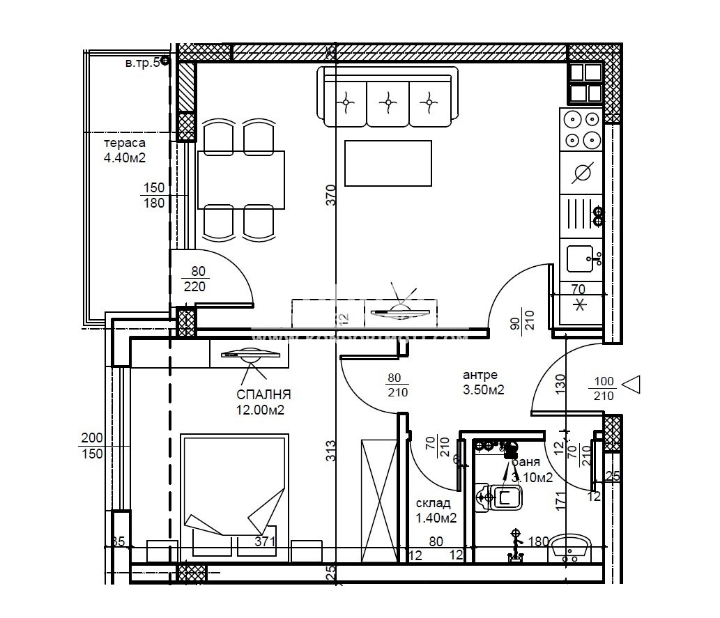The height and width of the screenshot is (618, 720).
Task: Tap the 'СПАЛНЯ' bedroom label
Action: tap(263, 394)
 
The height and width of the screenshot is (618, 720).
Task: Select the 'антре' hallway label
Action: tap(480, 375)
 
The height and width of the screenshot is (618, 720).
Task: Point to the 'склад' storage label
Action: tap(433, 503)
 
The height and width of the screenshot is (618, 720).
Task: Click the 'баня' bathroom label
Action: tap(527, 462)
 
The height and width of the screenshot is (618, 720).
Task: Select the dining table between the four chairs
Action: tap(241, 180)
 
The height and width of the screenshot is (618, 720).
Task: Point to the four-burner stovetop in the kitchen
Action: tap(582, 130)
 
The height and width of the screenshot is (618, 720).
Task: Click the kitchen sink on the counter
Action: tap(582, 259)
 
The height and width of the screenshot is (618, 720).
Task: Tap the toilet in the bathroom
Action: tap(500, 497)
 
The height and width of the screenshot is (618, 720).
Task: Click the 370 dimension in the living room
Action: tap(331, 194)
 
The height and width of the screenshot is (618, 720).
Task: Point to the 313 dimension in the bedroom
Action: tap(331, 451)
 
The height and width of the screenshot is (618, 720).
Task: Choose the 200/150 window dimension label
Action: tap(91, 446)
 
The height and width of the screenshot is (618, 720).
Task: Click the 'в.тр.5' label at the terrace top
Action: tap(142, 63)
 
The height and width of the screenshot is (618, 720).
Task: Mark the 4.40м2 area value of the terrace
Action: tap(124, 158)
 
